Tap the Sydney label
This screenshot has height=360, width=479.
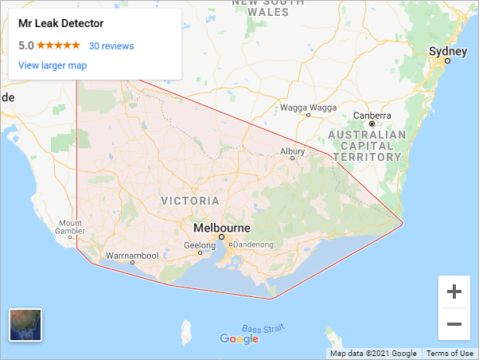[x=443, y=51]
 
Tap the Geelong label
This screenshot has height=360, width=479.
[x=200, y=245]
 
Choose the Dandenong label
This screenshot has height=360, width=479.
[x=252, y=245]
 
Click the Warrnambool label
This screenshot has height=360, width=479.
[x=132, y=256]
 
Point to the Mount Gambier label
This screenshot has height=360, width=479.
[x=69, y=228]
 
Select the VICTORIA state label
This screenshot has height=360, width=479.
[x=190, y=200]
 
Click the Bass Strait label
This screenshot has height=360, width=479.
[x=263, y=329]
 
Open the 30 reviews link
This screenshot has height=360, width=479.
[x=111, y=46]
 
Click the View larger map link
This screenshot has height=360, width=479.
[x=53, y=65]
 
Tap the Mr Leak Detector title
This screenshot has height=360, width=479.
[x=60, y=24]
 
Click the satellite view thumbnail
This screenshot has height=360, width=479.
[x=25, y=325]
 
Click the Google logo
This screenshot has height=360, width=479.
[x=240, y=339]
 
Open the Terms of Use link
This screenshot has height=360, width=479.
[x=450, y=354]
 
